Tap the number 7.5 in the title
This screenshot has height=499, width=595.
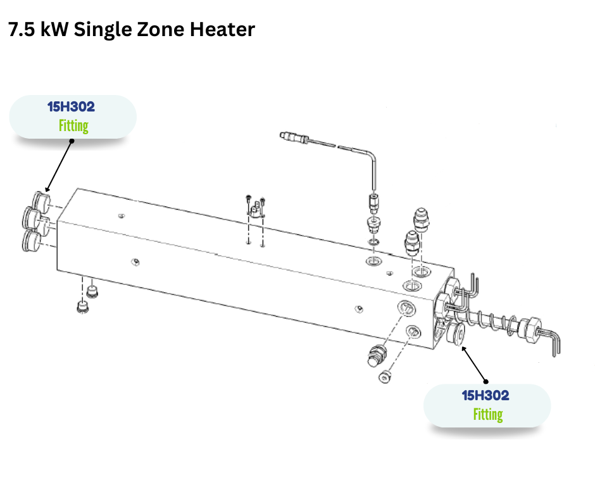coord(22,30)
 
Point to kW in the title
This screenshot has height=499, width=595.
coord(55,30)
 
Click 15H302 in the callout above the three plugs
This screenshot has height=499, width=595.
coord(71,106)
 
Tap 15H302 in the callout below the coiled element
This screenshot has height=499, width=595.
coord(485,396)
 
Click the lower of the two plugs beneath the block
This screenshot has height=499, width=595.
coord(81,308)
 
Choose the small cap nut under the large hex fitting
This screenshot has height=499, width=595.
coord(384,378)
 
